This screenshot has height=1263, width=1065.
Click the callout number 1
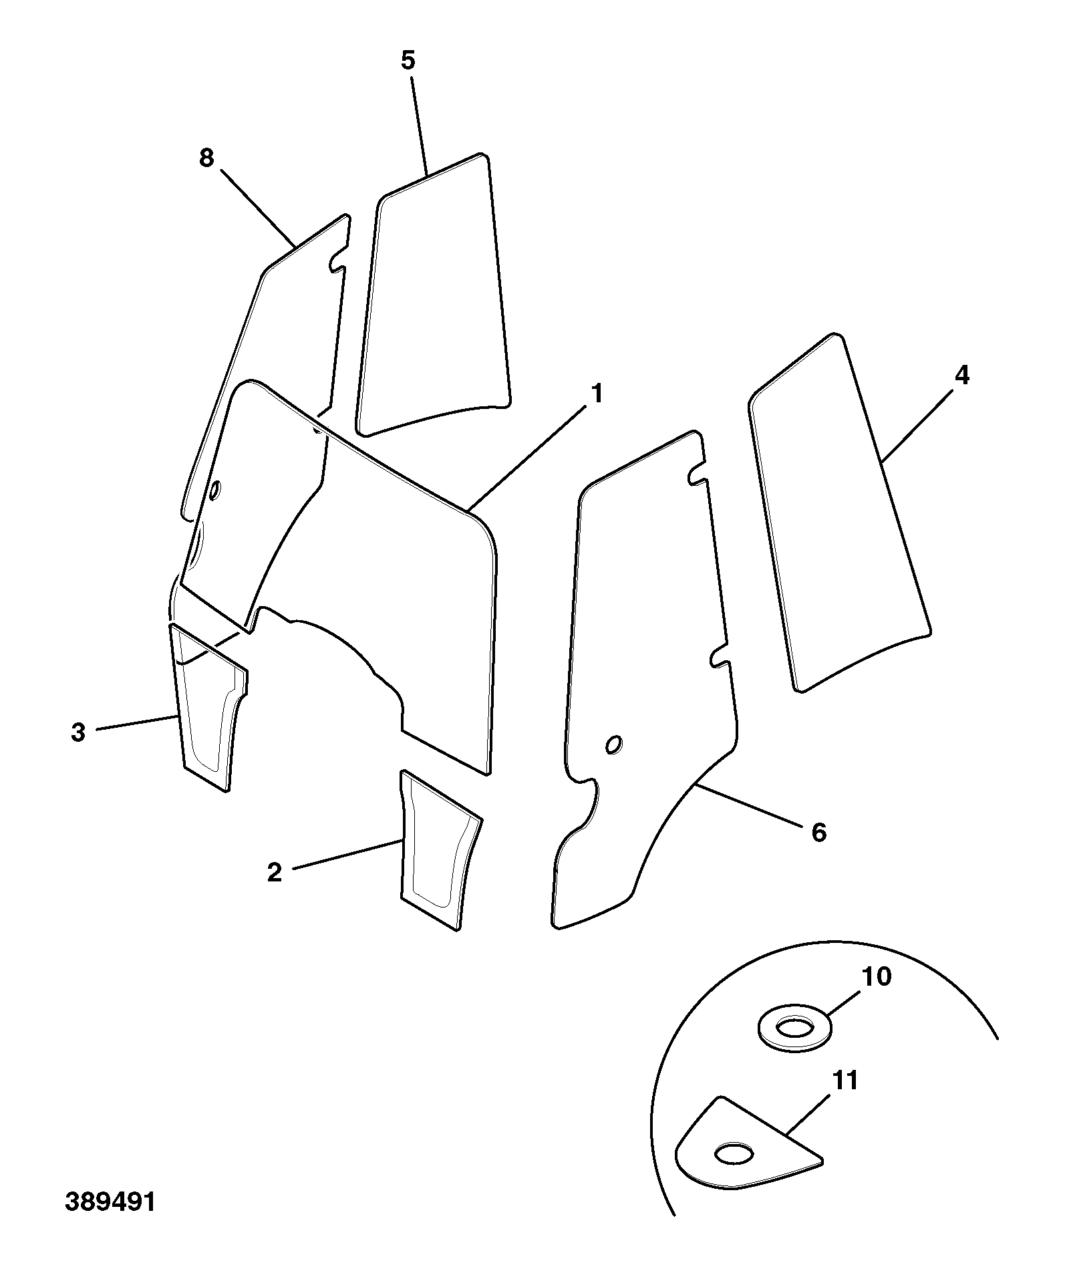click(597, 394)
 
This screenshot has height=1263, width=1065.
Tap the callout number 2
click(275, 873)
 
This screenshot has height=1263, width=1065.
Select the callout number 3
click(78, 732)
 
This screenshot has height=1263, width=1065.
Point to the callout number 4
click(961, 376)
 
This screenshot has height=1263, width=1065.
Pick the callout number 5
click(408, 60)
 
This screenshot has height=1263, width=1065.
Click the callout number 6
click(819, 832)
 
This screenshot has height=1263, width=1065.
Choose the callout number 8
click(206, 158)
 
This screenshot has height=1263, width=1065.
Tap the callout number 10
click(877, 976)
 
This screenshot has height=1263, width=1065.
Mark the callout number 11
click(845, 1080)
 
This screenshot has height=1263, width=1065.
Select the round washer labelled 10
click(794, 1034)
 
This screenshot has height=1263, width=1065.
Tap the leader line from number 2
click(346, 854)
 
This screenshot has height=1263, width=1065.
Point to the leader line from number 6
click(748, 805)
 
